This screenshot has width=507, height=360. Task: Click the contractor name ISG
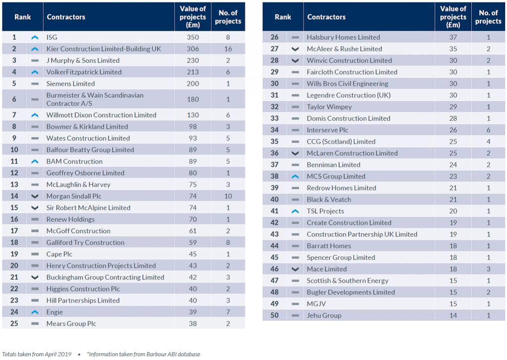click(52, 37)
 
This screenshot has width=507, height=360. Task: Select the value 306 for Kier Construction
click(193, 49)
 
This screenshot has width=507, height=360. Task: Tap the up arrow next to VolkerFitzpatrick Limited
click(35, 72)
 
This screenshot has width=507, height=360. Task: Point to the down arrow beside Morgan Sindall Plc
click(35, 196)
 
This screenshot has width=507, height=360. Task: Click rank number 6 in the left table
click(14, 99)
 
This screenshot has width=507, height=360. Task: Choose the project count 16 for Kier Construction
click(228, 49)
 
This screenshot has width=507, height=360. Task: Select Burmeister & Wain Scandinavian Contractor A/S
click(95, 99)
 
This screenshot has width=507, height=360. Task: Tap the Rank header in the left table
click(23, 17)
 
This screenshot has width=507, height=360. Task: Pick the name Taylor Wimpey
click(329, 107)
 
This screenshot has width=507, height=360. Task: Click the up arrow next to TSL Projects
click(295, 211)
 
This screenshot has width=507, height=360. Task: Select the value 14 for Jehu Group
click(453, 315)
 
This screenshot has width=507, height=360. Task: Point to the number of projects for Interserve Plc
click(488, 130)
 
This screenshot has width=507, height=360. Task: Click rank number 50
click(274, 315)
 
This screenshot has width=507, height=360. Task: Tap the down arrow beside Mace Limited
click(295, 269)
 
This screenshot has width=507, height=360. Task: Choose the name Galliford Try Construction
click(85, 243)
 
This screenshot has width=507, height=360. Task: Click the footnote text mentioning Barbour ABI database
click(144, 354)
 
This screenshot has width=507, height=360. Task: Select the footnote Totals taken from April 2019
click(37, 354)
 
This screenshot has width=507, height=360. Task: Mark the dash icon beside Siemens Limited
click(35, 84)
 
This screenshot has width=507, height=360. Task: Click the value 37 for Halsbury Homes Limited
click(453, 37)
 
